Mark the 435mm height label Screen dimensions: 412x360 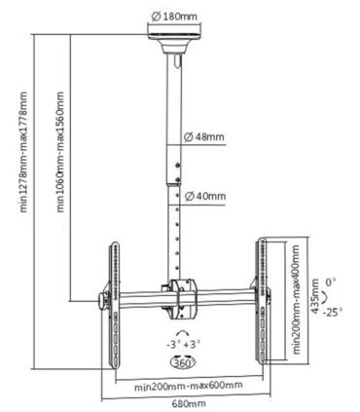(x=314, y=293)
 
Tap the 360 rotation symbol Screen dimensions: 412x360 (x=179, y=361)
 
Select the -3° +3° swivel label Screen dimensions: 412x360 (x=179, y=343)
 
